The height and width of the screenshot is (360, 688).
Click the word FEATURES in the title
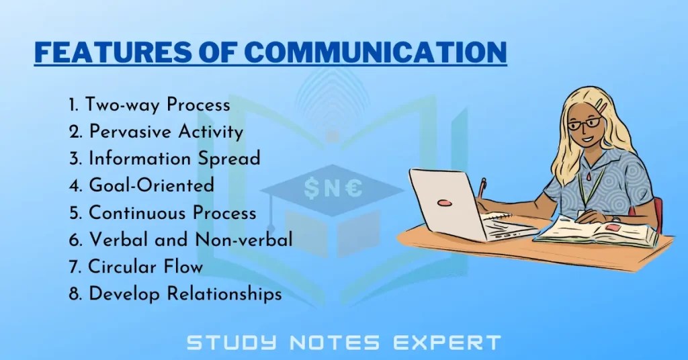coord(100,52)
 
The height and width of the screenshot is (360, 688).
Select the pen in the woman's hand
coord(482,187)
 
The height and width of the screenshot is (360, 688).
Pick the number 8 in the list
coord(74,294)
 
